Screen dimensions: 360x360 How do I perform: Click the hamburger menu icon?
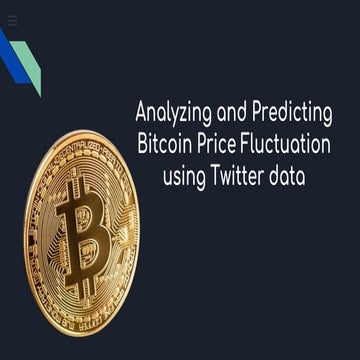click(12, 19)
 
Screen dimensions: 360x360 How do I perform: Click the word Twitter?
click(243, 176)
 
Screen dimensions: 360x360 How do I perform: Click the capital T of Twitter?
click(216, 175)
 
